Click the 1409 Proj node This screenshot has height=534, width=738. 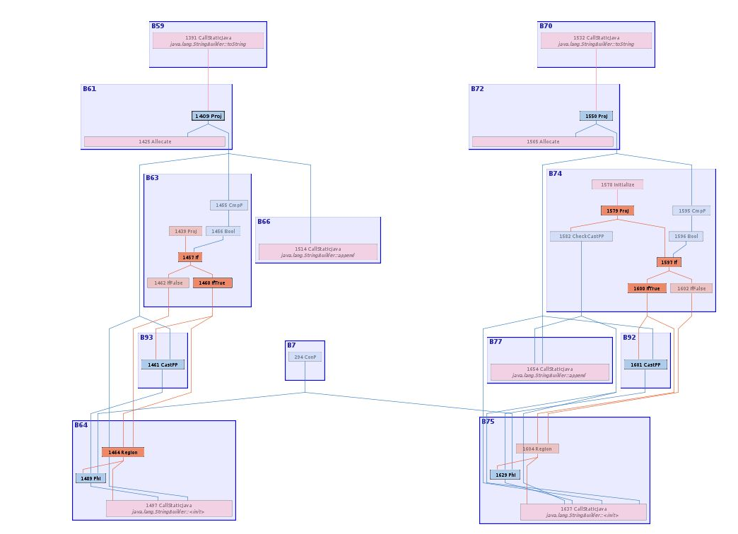(x=208, y=116)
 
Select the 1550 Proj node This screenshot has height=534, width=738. (x=596, y=116)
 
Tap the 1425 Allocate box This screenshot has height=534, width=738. (x=155, y=141)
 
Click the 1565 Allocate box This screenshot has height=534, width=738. (x=543, y=141)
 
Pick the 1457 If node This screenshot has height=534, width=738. (x=190, y=257)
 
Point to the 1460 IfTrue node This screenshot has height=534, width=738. (x=212, y=283)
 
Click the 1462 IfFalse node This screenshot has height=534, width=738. (x=168, y=283)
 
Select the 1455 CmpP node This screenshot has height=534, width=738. (x=229, y=206)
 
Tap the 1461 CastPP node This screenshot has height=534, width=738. (x=163, y=364)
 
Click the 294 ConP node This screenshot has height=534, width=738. (x=305, y=357)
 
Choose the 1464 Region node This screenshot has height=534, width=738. (x=123, y=452)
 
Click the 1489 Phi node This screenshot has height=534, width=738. (x=90, y=478)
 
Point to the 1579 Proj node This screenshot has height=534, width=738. (x=617, y=210)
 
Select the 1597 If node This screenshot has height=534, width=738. (x=669, y=262)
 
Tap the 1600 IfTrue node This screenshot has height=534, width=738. (x=647, y=288)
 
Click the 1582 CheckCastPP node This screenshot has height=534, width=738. (x=581, y=237)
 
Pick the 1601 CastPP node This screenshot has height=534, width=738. (x=645, y=364)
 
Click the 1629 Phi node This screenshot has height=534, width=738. (x=505, y=475)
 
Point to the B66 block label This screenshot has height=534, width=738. (x=264, y=222)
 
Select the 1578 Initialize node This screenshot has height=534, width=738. (x=617, y=184)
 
